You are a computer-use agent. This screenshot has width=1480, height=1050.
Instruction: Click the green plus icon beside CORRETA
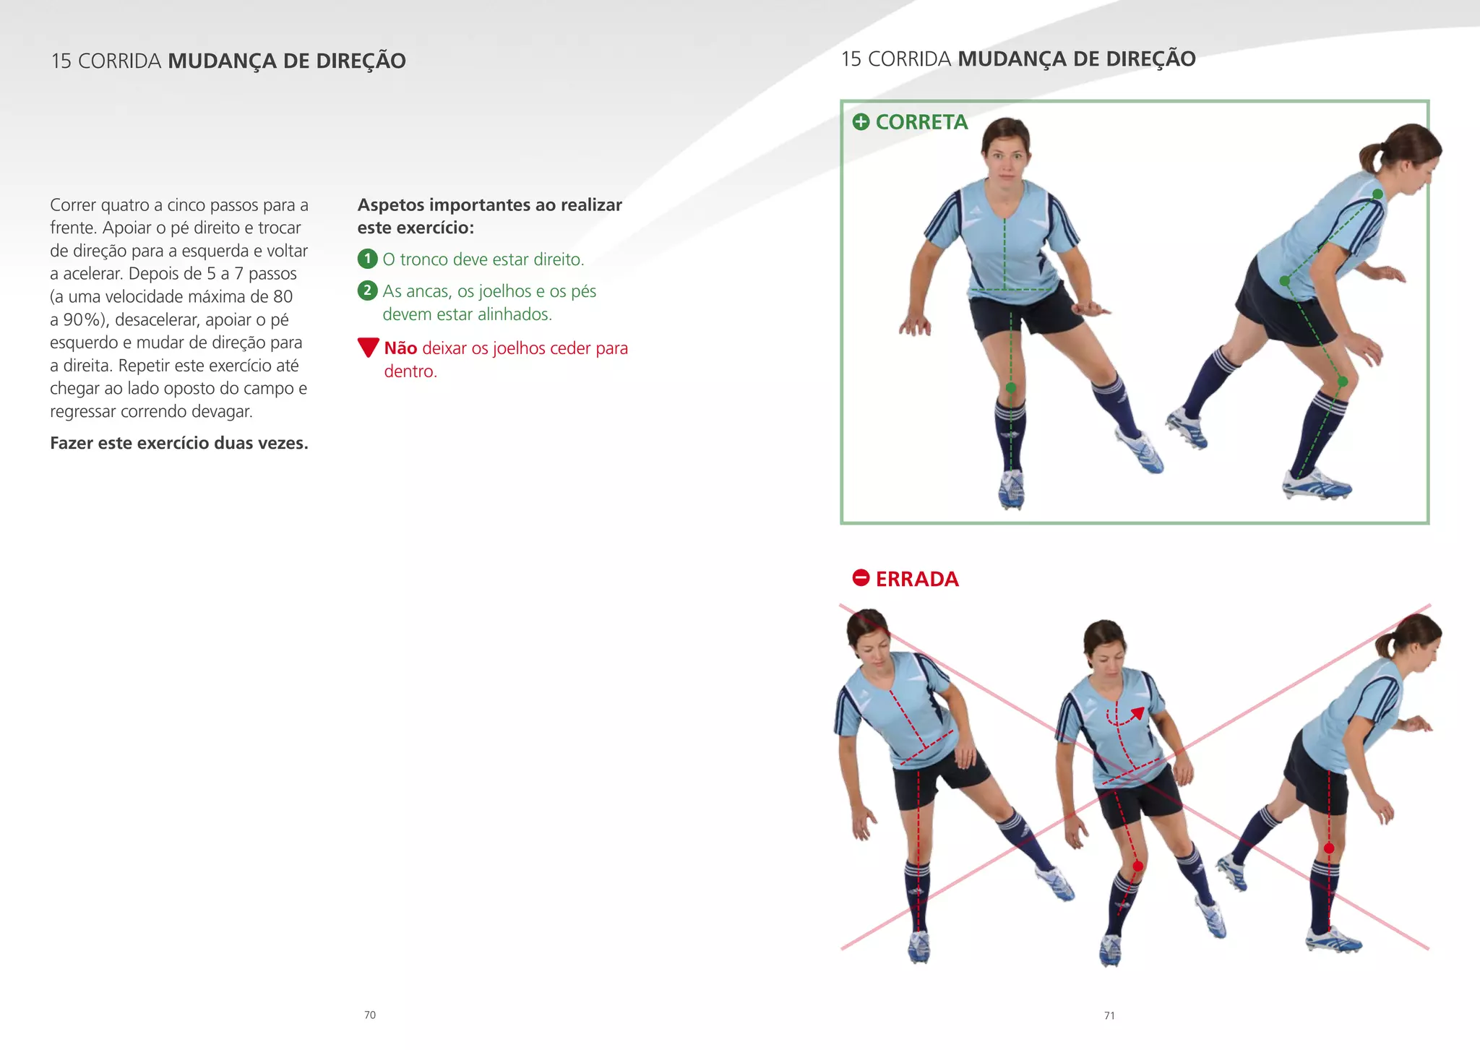[x=861, y=122]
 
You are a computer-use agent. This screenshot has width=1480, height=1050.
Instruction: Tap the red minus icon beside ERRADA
[x=861, y=578]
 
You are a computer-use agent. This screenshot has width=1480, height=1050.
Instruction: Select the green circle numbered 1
[x=367, y=259]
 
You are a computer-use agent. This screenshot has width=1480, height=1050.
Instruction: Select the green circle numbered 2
[x=367, y=291]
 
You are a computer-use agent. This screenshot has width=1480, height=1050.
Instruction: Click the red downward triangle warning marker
[x=368, y=347]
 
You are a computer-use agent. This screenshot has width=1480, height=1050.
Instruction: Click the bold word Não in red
[x=400, y=348]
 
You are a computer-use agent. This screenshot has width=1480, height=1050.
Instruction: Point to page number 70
[x=370, y=1015]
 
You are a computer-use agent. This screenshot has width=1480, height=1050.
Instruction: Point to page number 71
[x=1109, y=1016]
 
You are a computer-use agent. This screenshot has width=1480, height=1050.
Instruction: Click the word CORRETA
[x=921, y=122]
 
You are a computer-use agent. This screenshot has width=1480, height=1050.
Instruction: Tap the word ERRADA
[x=917, y=579]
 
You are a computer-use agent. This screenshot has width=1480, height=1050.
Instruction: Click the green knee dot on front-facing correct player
[x=1011, y=388]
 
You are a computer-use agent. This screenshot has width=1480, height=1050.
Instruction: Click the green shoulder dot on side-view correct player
[x=1377, y=194]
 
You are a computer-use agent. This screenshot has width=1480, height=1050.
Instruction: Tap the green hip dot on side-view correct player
[x=1284, y=280]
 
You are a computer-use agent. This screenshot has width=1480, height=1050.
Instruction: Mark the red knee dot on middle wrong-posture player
[x=1138, y=866]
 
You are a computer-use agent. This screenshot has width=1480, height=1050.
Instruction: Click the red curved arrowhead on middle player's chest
[x=1138, y=713]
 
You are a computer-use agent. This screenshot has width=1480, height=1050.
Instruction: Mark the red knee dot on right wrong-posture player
[x=1329, y=848]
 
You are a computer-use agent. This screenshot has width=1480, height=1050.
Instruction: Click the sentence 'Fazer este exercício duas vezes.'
[x=179, y=443]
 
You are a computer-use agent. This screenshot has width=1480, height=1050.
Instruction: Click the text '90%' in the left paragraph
[x=81, y=319]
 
